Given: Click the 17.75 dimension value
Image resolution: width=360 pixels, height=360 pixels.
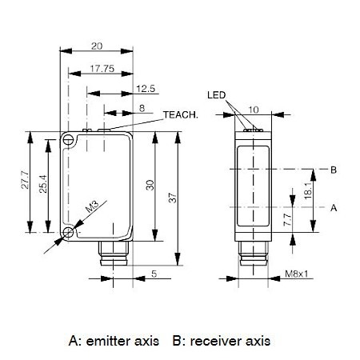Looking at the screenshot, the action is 102,69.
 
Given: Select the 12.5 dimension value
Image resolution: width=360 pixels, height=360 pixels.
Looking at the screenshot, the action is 146,89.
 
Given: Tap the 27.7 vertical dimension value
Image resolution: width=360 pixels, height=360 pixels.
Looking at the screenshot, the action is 26,180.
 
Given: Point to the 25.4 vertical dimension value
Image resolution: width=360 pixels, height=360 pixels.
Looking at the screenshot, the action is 43,184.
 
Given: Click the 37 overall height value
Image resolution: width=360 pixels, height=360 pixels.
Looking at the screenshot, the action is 173,198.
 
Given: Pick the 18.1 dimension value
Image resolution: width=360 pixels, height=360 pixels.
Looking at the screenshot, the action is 308,190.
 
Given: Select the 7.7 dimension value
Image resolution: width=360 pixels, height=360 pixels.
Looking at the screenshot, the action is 288,220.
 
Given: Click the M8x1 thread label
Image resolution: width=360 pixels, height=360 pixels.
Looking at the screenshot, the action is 297,274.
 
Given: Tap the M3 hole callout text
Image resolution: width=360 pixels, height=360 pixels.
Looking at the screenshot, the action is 92,206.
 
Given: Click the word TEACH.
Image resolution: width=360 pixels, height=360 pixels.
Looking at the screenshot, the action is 181,114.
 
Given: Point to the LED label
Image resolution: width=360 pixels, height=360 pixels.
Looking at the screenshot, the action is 216,95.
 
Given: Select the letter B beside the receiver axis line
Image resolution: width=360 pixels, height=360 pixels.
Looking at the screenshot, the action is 334,170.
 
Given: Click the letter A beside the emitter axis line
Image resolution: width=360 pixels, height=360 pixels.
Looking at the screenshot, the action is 334,207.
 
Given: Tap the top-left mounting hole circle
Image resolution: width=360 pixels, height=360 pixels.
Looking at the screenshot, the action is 69,140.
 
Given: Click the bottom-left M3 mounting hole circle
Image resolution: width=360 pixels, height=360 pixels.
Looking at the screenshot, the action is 69,233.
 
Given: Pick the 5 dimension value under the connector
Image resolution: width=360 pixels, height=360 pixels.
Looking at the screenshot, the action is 154,274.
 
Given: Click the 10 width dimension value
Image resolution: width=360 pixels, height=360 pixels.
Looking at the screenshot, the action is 254,110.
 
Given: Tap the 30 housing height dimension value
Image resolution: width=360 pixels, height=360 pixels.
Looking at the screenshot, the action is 150,185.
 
